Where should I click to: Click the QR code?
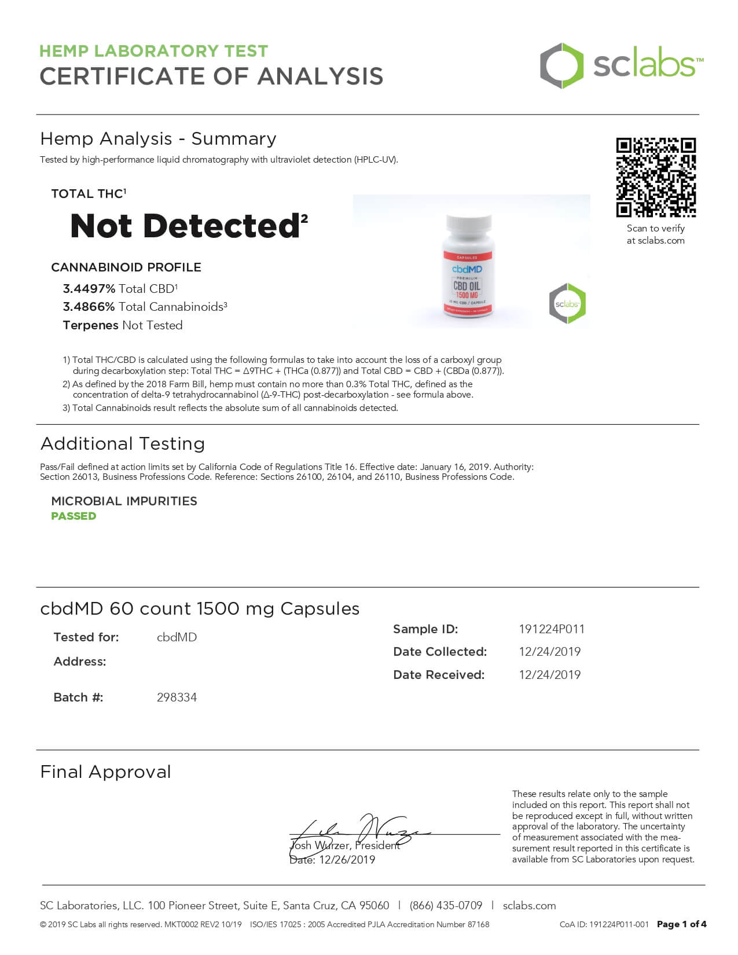coord(655,177)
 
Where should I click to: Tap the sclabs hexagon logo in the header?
coord(561,65)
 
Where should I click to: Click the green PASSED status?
coord(74,516)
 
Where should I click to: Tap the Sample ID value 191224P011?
coord(552,629)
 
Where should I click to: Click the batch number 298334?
coord(177,697)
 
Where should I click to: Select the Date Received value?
coord(549,675)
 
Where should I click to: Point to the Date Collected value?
coord(549,652)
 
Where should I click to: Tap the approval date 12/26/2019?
coord(347,860)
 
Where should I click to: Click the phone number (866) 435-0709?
coord(446,906)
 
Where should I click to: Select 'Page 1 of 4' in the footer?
coord(681,924)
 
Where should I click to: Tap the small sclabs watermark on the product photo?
coord(567,303)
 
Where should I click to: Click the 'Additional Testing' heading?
coord(123,444)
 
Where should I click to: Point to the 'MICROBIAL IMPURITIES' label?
coord(124,501)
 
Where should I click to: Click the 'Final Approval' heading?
coord(105,772)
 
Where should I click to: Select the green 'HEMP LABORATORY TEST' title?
coord(153,51)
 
